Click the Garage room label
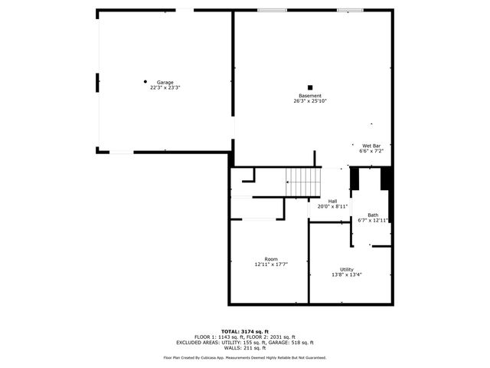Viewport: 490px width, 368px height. [165, 82]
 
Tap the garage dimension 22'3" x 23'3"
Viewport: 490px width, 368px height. [165, 87]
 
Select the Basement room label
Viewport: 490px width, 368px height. [310, 96]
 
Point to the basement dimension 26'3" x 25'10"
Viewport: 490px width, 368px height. [310, 101]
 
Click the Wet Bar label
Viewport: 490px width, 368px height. [371, 146]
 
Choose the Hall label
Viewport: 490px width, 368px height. [333, 201]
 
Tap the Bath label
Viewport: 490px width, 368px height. [373, 215]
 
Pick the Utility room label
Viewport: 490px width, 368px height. [347, 269]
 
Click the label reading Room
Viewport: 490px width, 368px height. [271, 259]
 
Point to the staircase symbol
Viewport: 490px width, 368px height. [304, 182]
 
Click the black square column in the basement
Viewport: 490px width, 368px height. [310, 87]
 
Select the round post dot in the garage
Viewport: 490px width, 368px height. [145, 80]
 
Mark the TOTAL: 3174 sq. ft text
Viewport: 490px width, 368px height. [245, 331]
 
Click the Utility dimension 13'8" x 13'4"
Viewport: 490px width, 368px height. [347, 274]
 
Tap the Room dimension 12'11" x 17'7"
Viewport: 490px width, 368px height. [271, 264]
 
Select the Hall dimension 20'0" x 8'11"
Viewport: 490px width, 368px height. [333, 206]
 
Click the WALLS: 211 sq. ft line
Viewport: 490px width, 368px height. [245, 348]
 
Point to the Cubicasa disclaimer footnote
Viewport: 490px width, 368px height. [245, 357]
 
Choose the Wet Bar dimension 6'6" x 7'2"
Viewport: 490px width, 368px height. [371, 151]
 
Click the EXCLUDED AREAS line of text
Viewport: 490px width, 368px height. [245, 343]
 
